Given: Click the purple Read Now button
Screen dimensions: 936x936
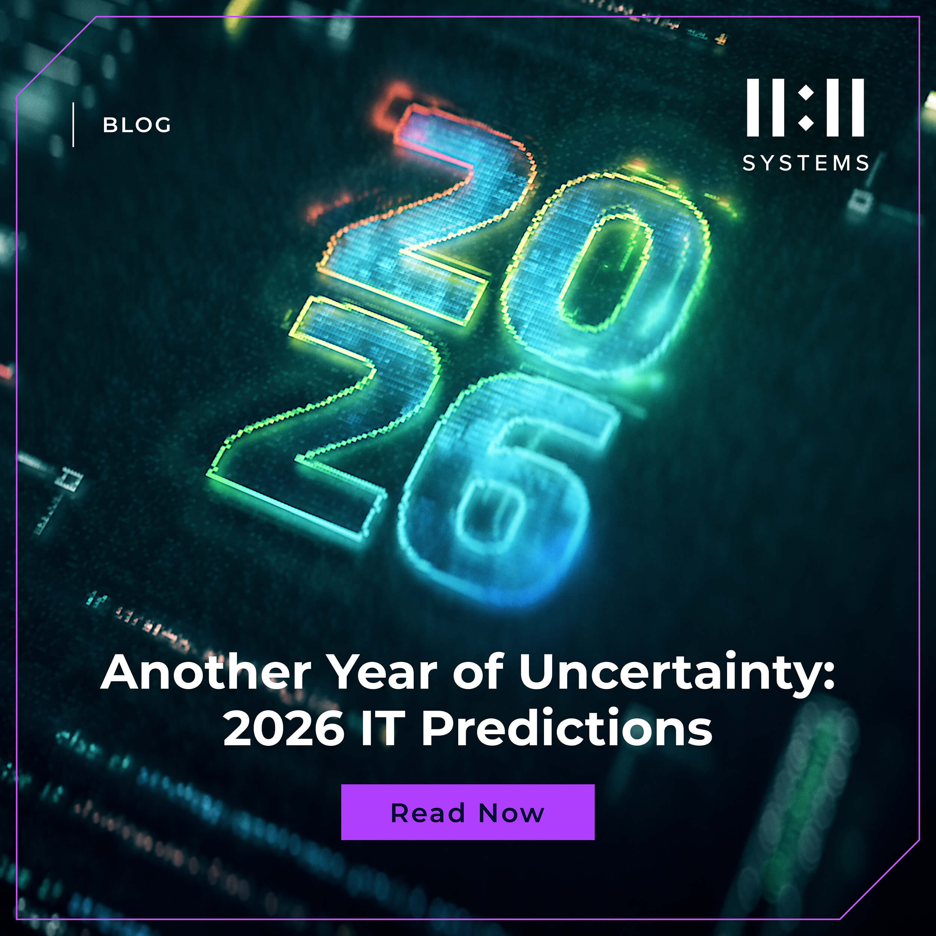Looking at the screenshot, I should click(468, 812).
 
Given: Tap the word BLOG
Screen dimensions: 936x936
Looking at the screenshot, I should click(137, 125).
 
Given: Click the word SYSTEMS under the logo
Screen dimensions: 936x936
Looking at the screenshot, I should click(806, 163).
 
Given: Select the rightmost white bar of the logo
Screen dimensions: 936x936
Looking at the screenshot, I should click(858, 107).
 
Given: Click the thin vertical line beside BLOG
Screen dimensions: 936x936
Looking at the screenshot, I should click(73, 125).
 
